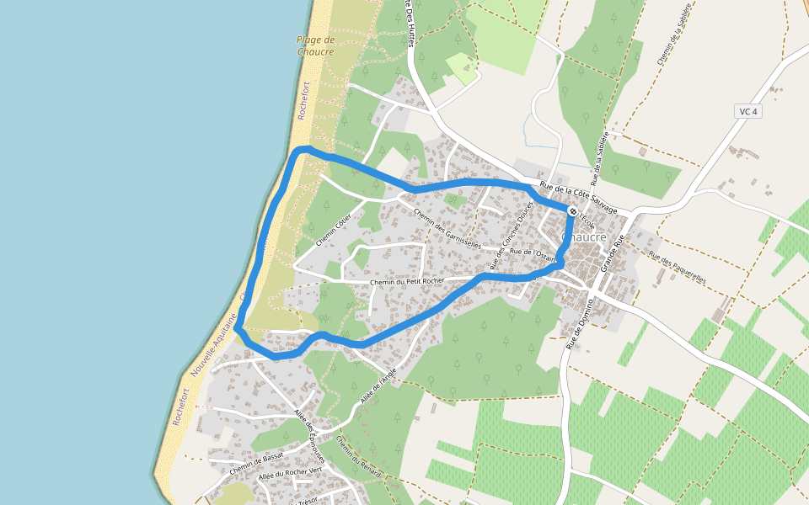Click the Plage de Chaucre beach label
(316, 45)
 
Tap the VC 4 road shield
(748, 111)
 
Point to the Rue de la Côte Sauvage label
(578, 198)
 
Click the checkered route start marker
(572, 211)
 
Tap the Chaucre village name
(584, 238)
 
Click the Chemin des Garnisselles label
(447, 228)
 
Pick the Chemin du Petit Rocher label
(407, 282)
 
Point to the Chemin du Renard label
(358, 457)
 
